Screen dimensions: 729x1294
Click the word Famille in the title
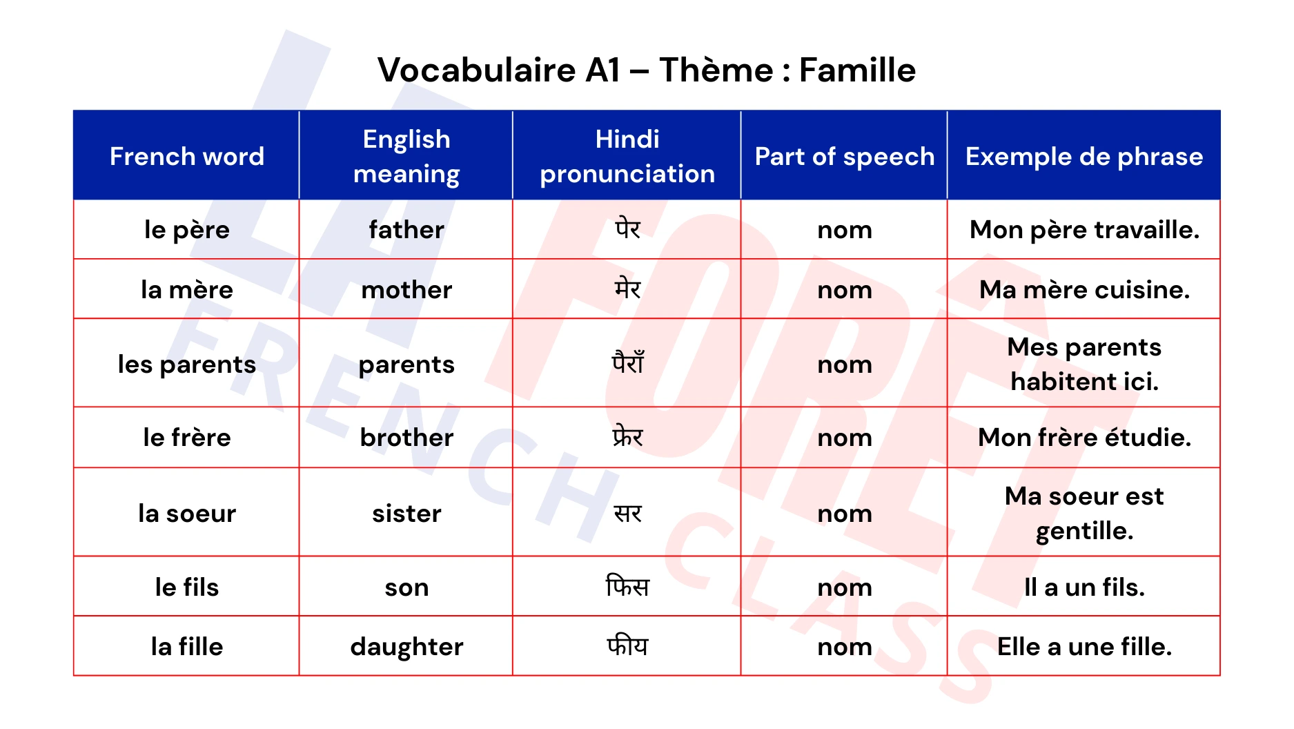click(857, 70)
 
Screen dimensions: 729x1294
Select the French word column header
click(186, 157)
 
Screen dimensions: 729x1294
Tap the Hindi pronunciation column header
click(627, 157)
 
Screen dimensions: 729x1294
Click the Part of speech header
click(844, 157)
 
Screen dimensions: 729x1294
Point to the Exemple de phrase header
click(1084, 157)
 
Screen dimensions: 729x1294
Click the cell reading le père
click(186, 230)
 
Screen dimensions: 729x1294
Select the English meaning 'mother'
click(406, 290)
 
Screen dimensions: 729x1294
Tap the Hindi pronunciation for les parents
click(627, 364)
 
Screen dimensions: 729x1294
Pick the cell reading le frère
click(186, 438)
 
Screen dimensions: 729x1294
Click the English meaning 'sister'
click(406, 514)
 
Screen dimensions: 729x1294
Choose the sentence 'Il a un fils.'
click(1084, 587)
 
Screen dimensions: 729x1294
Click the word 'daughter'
click(406, 647)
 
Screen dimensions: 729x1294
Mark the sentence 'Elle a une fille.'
click(1084, 647)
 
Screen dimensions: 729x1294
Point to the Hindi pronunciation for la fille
click(627, 647)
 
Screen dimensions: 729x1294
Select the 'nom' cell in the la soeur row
click(844, 514)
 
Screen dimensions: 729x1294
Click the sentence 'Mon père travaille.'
click(1084, 230)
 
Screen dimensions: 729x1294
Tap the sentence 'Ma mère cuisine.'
click(1084, 290)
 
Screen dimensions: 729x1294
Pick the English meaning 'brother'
click(406, 438)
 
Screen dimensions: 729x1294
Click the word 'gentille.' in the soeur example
click(1084, 531)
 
